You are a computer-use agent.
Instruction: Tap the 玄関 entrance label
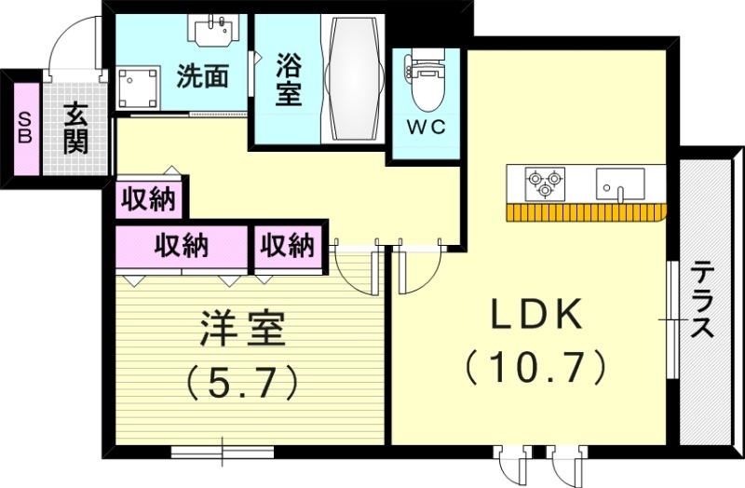pyautogui.click(x=75, y=128)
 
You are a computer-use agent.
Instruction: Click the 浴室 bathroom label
pyautogui.click(x=289, y=78)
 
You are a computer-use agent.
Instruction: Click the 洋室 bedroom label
pyautogui.click(x=242, y=327)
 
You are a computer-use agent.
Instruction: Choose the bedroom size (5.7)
pyautogui.click(x=242, y=379)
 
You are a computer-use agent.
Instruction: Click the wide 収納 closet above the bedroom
pyautogui.click(x=181, y=247)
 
